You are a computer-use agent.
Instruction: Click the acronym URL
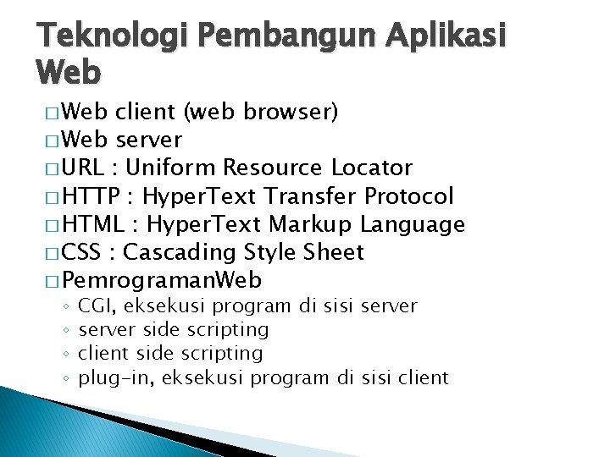pyautogui.click(x=87, y=168)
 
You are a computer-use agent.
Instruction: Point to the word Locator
pyautogui.click(x=372, y=168)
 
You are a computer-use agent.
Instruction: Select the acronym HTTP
pyautogui.click(x=91, y=197)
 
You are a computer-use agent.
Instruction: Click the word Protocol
pyautogui.click(x=409, y=197)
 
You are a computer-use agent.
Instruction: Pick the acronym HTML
pyautogui.click(x=93, y=224)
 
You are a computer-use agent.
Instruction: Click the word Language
pyautogui.click(x=413, y=225)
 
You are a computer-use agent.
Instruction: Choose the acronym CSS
pyautogui.click(x=82, y=252)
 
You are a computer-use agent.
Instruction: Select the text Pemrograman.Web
pyautogui.click(x=162, y=280)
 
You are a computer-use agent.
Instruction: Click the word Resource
pyautogui.click(x=270, y=168)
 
